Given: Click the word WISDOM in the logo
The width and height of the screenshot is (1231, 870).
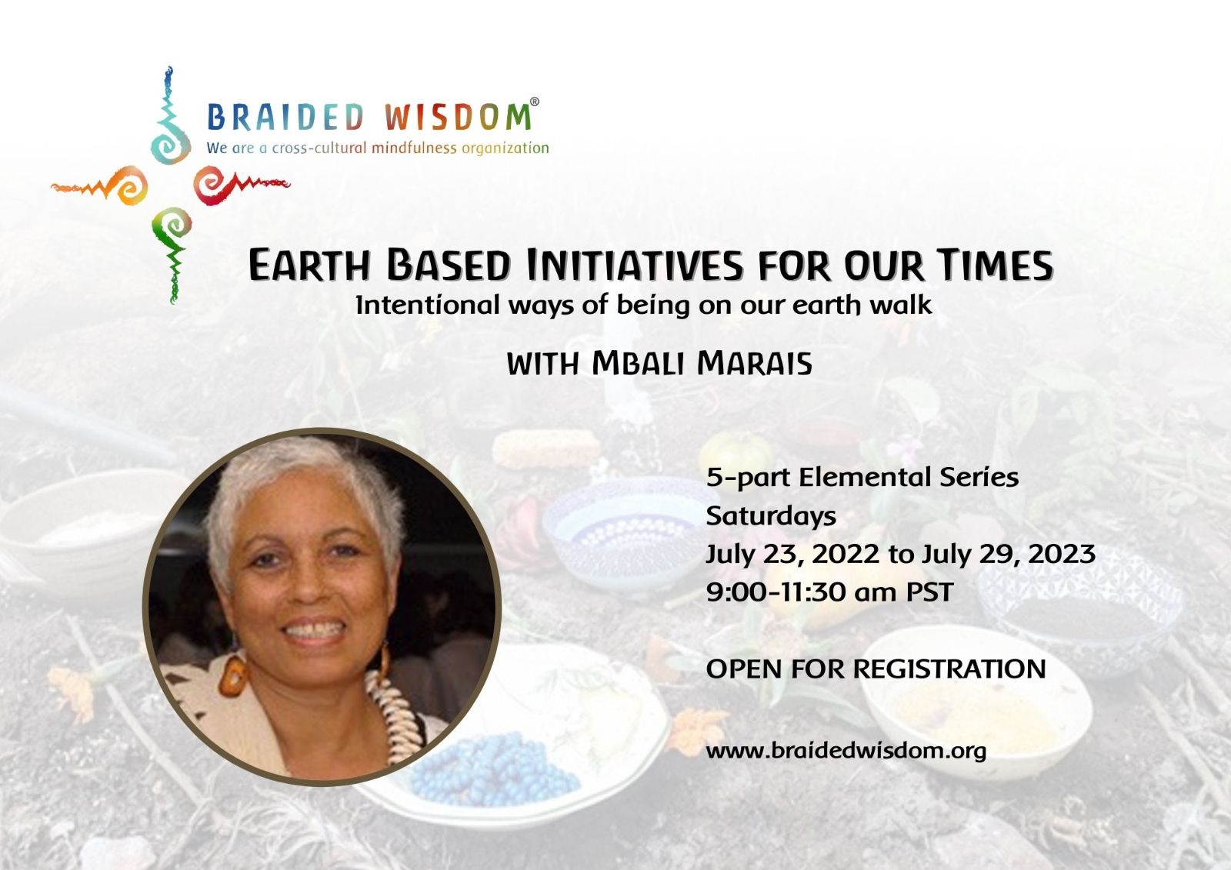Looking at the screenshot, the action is tap(458, 116).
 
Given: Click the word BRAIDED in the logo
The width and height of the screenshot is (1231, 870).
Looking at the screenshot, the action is tap(285, 116).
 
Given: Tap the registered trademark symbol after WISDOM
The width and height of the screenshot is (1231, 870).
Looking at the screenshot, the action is tap(534, 102).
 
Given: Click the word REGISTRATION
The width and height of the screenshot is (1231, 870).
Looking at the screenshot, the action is tap(949, 669).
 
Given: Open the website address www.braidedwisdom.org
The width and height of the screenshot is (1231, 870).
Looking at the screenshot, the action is tap(846, 751).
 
